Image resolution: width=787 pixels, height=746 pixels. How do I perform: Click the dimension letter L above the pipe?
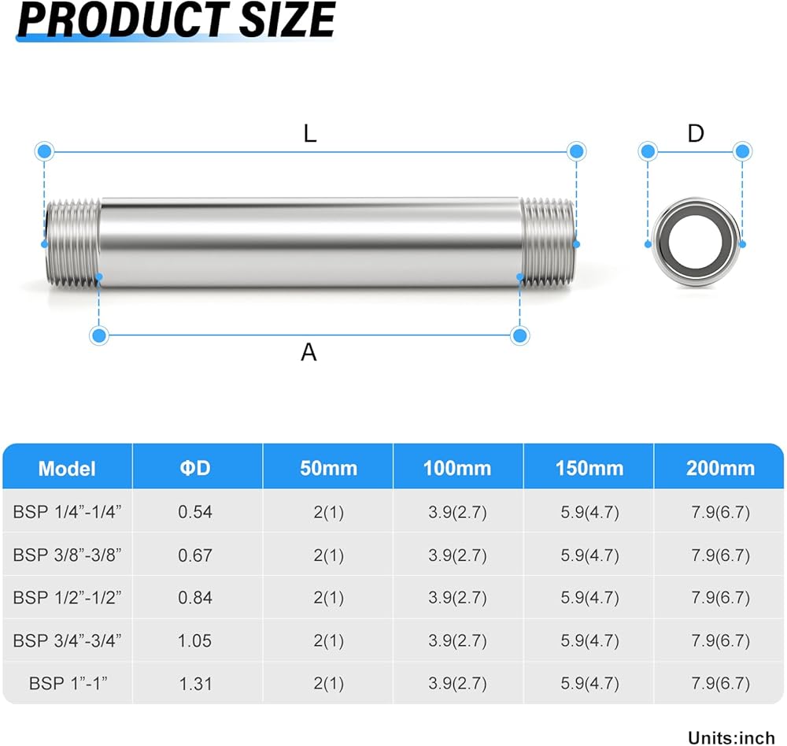[310, 134]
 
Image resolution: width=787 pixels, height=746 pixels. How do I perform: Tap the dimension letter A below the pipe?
[309, 352]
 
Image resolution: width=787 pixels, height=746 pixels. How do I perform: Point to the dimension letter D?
[696, 134]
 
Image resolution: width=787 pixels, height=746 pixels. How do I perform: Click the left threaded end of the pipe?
[72, 243]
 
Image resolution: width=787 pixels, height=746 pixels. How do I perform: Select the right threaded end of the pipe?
[548, 243]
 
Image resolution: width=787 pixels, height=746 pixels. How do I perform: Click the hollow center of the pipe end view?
[696, 242]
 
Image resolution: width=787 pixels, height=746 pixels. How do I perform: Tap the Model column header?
[67, 469]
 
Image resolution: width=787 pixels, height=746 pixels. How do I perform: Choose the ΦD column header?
[195, 468]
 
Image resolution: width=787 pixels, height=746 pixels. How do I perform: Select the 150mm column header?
[589, 468]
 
